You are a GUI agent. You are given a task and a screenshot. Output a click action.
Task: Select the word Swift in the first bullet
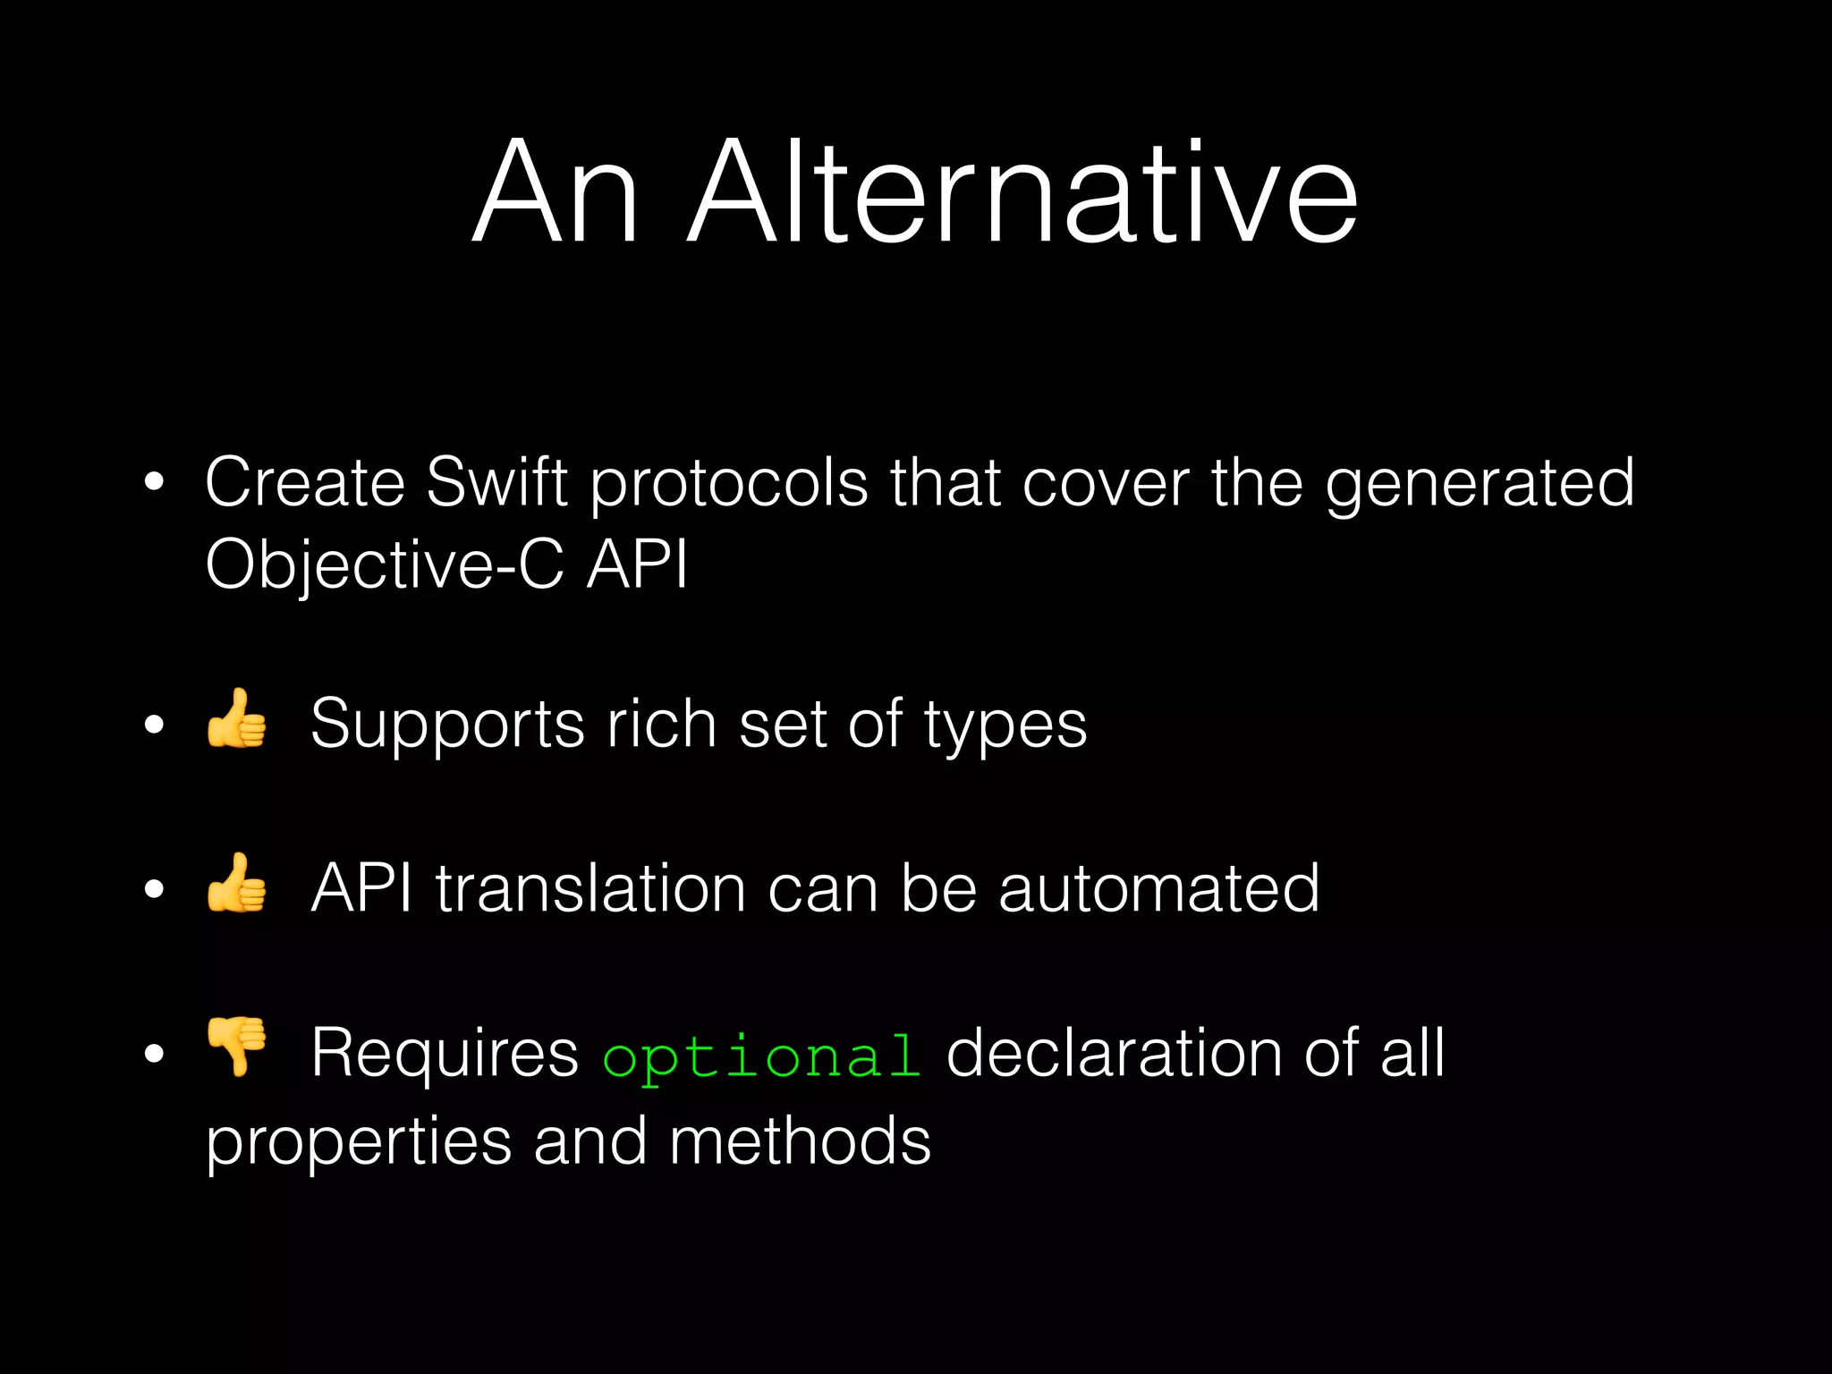pos(496,482)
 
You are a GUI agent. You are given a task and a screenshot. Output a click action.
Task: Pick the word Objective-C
pos(385,566)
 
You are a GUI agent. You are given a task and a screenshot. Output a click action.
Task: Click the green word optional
pos(761,1056)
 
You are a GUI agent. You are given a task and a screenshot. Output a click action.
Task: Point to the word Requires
pos(445,1054)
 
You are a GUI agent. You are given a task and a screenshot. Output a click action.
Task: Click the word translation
pos(590,888)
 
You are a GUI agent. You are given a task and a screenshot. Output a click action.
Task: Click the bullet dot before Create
pos(155,482)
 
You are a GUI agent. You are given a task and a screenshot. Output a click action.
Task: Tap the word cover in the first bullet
pos(1106,484)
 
